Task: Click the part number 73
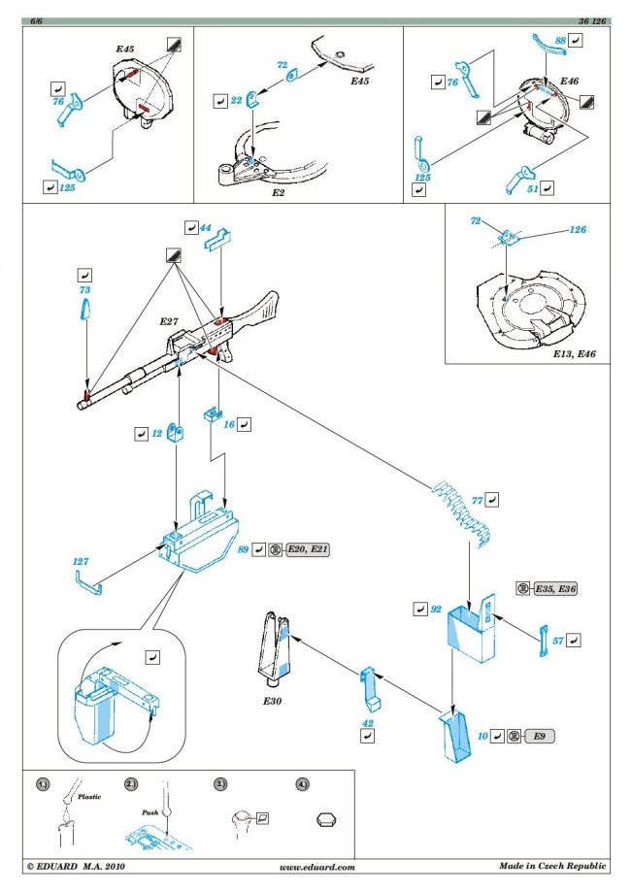(x=83, y=290)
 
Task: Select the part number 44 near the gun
(x=205, y=227)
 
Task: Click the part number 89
(x=243, y=550)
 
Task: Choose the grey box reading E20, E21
(x=308, y=550)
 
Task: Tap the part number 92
(x=436, y=610)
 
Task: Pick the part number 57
(x=558, y=641)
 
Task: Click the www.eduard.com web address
(x=316, y=867)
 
